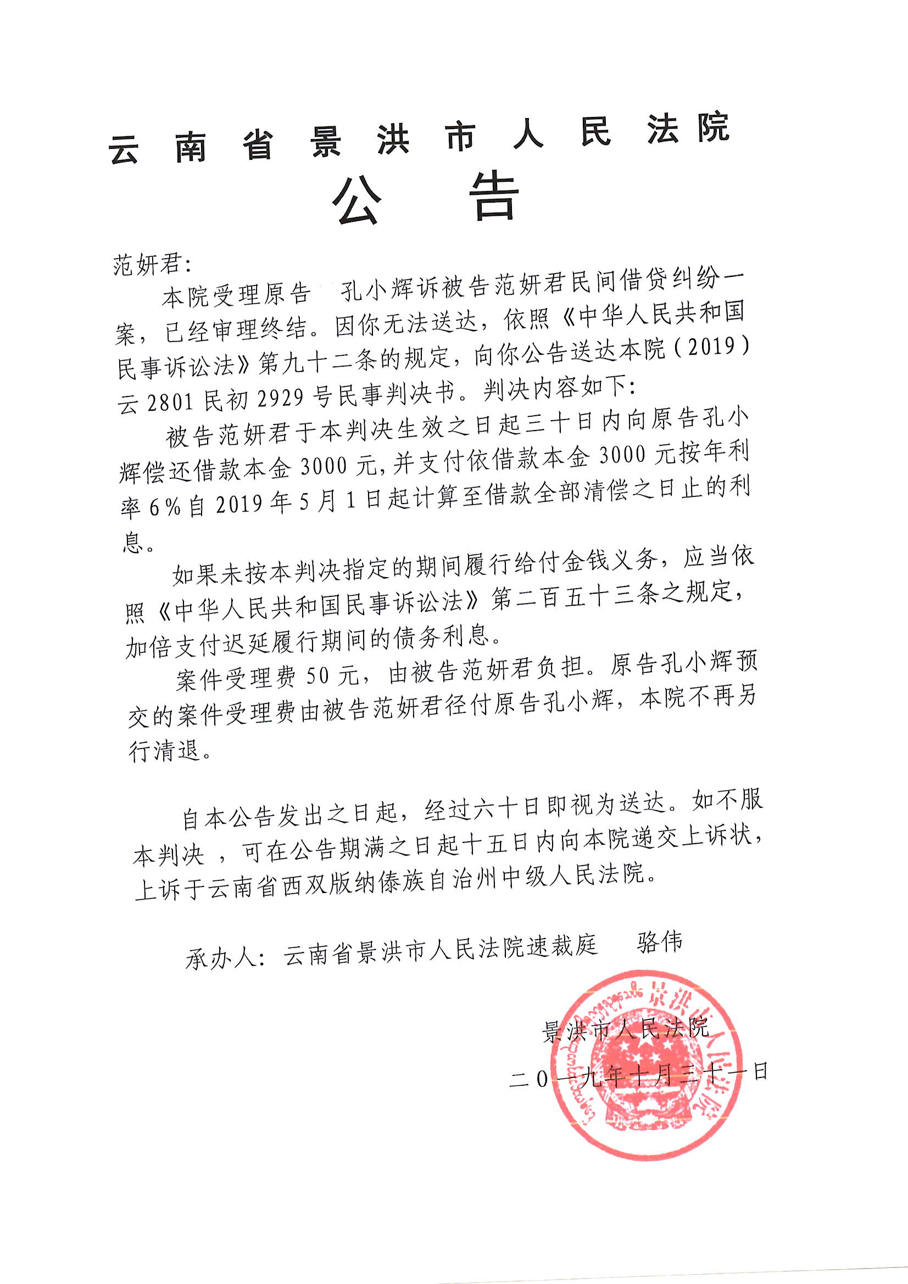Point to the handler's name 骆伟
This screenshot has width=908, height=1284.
click(660, 943)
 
